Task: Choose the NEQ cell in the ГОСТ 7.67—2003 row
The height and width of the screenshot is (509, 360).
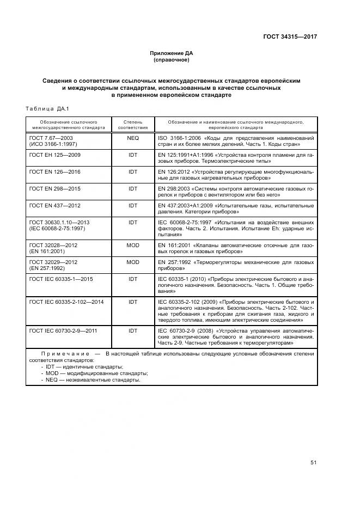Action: [x=133, y=138]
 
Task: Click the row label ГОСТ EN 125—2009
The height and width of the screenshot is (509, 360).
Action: [x=54, y=155]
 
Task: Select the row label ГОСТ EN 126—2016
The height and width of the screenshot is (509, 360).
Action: [x=54, y=171]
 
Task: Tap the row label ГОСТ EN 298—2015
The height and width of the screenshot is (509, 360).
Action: [x=54, y=188]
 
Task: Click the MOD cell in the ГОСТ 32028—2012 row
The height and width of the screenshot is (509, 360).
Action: [x=133, y=246]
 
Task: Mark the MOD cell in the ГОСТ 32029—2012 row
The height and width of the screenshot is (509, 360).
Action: [x=133, y=262]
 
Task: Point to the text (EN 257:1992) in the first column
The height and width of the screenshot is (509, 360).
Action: [x=47, y=268]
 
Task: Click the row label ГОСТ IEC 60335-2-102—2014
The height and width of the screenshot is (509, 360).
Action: [x=67, y=301]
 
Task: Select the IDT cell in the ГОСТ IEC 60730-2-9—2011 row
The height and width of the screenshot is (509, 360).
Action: [x=133, y=330]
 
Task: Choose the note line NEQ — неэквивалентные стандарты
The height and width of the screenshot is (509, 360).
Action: [x=93, y=380]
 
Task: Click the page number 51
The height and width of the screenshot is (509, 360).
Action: [x=314, y=463]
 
